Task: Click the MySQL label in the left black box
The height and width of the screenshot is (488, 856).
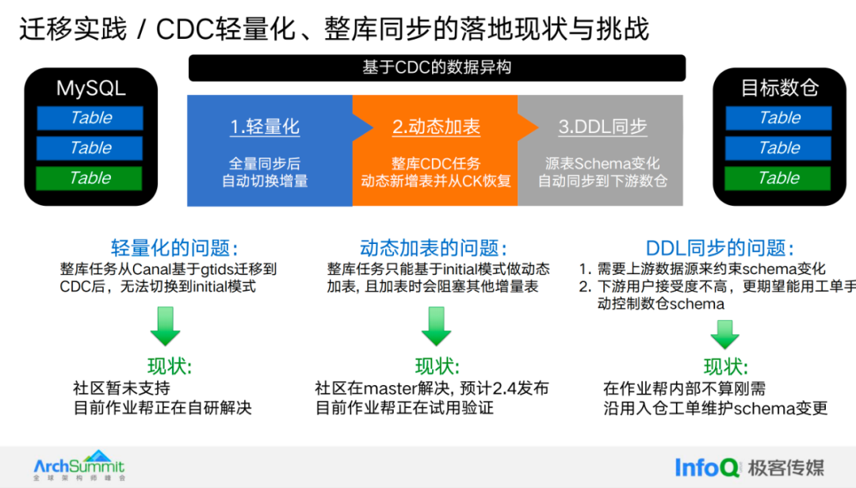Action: (x=90, y=87)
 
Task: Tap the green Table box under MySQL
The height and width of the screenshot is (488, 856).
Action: (x=90, y=177)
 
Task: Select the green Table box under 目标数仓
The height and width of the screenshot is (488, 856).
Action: (x=778, y=177)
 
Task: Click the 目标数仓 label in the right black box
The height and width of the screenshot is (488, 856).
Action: (x=779, y=87)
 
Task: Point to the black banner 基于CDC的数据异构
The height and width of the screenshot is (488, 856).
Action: (x=437, y=67)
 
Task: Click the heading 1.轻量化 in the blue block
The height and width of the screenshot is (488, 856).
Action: (x=265, y=127)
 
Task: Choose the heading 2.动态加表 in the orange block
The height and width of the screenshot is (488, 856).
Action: (x=436, y=127)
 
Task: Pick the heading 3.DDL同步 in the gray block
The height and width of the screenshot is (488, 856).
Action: (x=602, y=127)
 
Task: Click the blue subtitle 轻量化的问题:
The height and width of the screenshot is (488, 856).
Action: (x=174, y=247)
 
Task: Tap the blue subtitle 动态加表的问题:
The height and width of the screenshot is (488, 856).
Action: (x=434, y=247)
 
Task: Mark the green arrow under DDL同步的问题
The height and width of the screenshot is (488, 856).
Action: (x=724, y=334)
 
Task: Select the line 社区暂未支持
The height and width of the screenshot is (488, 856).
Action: (x=121, y=388)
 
